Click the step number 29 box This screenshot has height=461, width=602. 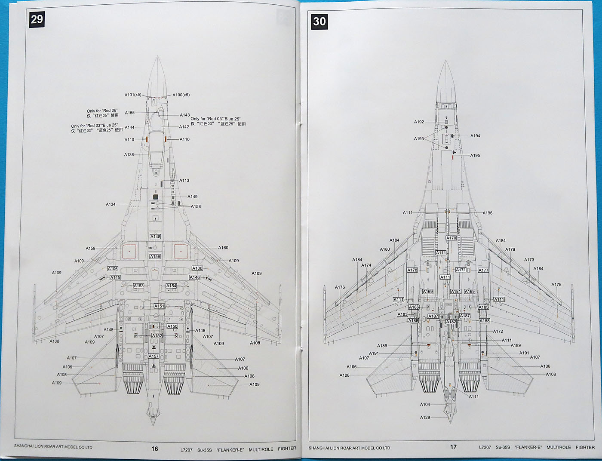click(37, 20)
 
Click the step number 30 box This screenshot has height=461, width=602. click(319, 21)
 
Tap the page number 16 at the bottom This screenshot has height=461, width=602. click(154, 449)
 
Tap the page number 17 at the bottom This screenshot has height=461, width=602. click(453, 447)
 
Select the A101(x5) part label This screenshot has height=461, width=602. click(133, 95)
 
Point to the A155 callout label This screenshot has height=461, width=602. click(129, 113)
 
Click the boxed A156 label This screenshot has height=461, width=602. click(155, 257)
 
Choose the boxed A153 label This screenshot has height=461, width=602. click(138, 286)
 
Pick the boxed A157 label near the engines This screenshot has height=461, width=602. click(154, 356)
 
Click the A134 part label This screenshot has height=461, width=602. click(111, 204)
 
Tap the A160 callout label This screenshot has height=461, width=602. click(223, 248)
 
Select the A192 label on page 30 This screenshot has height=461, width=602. click(419, 122)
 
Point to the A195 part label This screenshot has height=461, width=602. click(475, 156)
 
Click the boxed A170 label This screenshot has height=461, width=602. click(451, 238)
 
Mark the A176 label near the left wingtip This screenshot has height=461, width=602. click(340, 287)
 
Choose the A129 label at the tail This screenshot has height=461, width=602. click(425, 418)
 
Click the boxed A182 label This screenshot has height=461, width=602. click(451, 322)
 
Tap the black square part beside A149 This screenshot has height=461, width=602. click(156, 197)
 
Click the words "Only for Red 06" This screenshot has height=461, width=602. click(102, 111)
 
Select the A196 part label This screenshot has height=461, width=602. click(487, 213)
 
